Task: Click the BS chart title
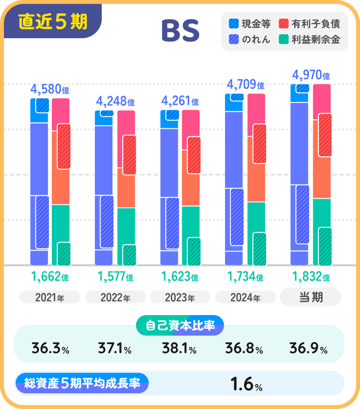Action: click(x=180, y=32)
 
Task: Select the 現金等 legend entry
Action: click(x=250, y=24)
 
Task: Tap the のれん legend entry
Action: click(x=250, y=39)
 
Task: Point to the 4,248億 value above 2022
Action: click(x=115, y=102)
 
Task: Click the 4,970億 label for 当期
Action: click(x=310, y=75)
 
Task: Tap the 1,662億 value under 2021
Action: click(x=50, y=276)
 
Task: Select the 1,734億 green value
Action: click(x=245, y=276)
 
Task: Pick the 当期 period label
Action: click(x=310, y=297)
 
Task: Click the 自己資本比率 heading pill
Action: click(x=180, y=325)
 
